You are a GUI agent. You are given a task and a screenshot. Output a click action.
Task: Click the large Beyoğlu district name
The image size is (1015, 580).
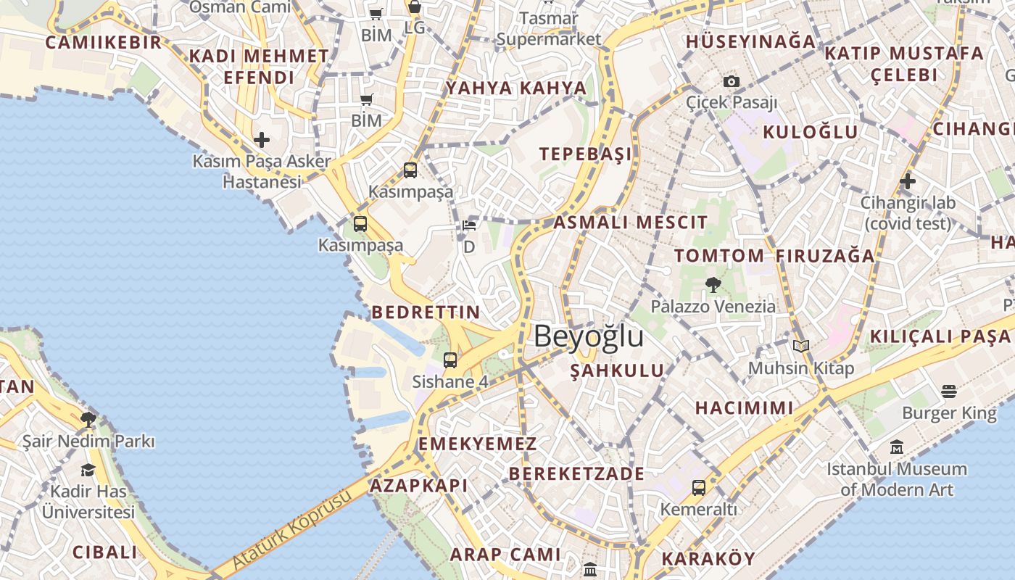point(589,337)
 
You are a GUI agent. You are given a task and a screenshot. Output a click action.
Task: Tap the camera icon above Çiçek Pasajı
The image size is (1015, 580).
point(732,81)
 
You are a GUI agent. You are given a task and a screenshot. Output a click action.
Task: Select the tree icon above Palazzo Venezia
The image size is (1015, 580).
point(713,284)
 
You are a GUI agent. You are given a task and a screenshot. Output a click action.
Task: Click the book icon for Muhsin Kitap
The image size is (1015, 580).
point(800,347)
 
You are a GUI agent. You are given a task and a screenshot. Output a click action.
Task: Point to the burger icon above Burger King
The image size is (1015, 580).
point(949,391)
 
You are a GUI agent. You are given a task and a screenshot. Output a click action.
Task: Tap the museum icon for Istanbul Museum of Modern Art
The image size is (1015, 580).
point(897,447)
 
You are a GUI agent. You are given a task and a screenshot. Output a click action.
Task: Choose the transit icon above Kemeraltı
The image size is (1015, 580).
point(698,487)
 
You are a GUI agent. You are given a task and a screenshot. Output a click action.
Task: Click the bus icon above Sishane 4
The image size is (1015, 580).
point(450,360)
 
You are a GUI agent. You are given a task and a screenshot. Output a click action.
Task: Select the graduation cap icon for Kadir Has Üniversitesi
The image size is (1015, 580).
point(88,470)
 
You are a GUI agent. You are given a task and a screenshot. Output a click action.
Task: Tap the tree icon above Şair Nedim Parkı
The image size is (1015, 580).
point(88,419)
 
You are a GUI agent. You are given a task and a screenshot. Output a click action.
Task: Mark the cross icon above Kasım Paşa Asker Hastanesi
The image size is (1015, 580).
point(262,139)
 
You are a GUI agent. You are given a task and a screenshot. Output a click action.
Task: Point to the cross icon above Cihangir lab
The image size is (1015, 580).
point(907,181)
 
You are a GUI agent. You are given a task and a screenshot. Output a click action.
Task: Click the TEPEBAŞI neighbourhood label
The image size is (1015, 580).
point(585,154)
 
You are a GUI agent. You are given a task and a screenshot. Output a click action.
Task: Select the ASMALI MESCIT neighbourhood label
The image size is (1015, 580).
point(630,223)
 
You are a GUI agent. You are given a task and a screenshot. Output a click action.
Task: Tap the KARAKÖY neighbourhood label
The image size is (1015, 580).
point(708,559)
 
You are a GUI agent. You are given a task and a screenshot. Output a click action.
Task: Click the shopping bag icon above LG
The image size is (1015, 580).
point(415,8)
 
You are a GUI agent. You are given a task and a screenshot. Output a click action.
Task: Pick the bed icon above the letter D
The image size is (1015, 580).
point(469,225)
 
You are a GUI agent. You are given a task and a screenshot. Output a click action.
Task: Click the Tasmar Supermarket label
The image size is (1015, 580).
point(549,28)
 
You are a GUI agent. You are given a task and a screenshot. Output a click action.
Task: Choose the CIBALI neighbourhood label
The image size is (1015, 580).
point(105,552)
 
